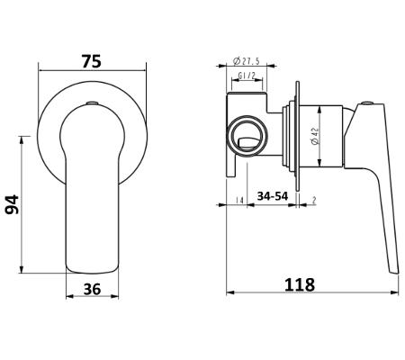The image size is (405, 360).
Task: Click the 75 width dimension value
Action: pyautogui.click(x=92, y=61)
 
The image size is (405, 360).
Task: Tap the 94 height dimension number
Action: pyautogui.click(x=13, y=204)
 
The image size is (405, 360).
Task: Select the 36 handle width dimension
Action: pyautogui.click(x=92, y=290)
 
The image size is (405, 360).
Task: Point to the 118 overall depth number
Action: pyautogui.click(x=300, y=284)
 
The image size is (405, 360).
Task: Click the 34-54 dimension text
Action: pyautogui.click(x=273, y=196)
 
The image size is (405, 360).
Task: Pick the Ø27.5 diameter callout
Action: pyautogui.click(x=246, y=61)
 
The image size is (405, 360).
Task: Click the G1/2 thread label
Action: pyautogui.click(x=247, y=76)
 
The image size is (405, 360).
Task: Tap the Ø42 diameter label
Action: pyautogui.click(x=315, y=136)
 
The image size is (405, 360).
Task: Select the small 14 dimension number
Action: pyautogui.click(x=239, y=200)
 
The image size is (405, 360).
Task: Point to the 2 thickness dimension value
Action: pyautogui.click(x=314, y=200)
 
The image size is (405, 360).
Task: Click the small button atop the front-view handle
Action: pyautogui.click(x=92, y=103)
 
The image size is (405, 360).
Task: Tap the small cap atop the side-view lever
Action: pyautogui.click(x=367, y=103)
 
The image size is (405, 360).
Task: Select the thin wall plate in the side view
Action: pyautogui.click(x=297, y=136)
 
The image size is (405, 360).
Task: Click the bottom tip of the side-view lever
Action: pyautogui.click(x=395, y=273)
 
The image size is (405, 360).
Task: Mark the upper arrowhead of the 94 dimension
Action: pyautogui.click(x=22, y=139)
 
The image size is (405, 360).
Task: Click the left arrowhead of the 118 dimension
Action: pyautogui.click(x=230, y=292)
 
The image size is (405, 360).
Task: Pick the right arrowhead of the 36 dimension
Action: pyautogui.click(x=115, y=296)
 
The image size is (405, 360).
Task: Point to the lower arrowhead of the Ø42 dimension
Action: pyautogui.click(x=319, y=163)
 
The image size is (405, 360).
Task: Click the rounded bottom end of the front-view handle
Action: pyautogui.click(x=92, y=272)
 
